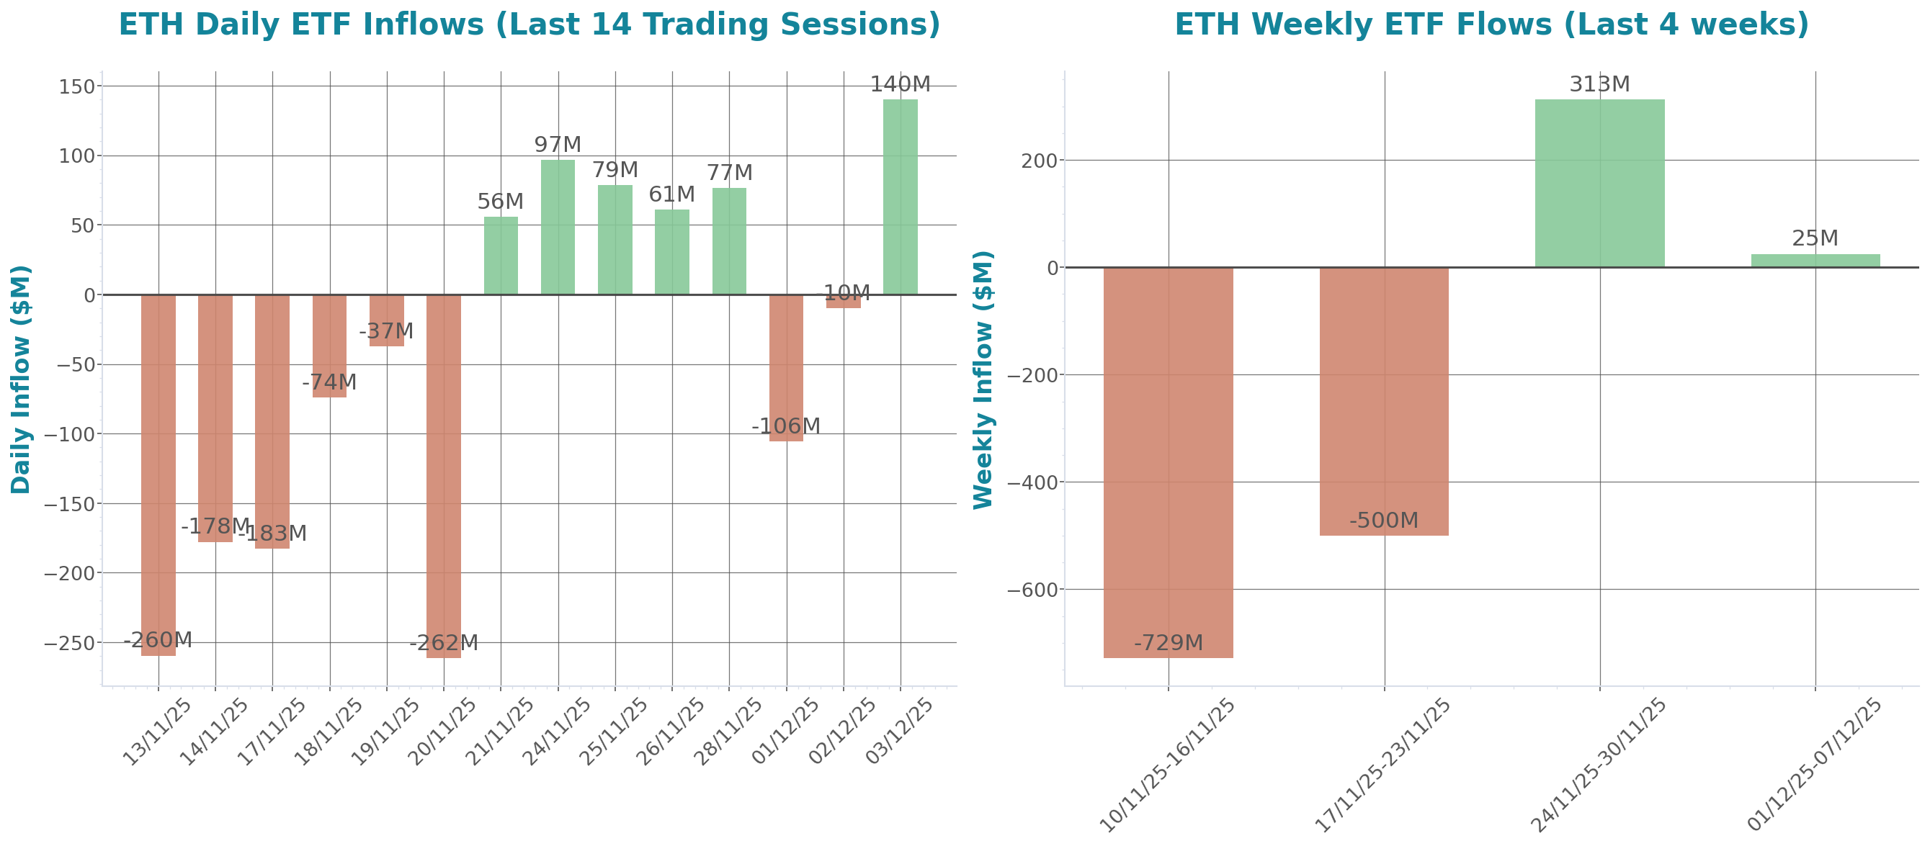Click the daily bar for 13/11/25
(158, 474)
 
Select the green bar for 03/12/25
(900, 196)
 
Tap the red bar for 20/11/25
(444, 476)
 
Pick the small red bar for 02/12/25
(844, 301)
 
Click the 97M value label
(558, 145)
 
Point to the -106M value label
(786, 426)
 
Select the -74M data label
(330, 382)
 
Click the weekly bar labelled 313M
(1599, 183)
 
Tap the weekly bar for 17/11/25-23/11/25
(1384, 401)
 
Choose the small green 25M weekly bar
(1815, 261)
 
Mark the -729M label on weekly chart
(1168, 643)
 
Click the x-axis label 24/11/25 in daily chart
(556, 732)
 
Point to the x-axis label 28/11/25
(727, 732)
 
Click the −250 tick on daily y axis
(69, 643)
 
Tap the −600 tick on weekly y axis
(1032, 590)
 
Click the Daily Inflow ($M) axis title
(21, 379)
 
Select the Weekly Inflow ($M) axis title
(983, 379)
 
